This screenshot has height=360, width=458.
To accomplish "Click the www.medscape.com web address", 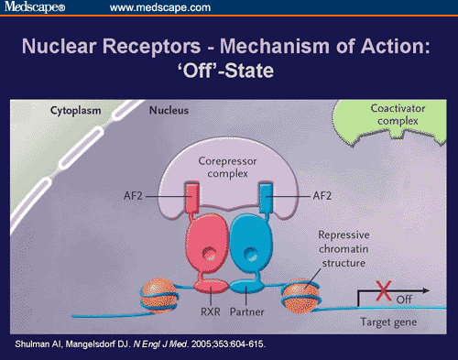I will click(156, 8).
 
